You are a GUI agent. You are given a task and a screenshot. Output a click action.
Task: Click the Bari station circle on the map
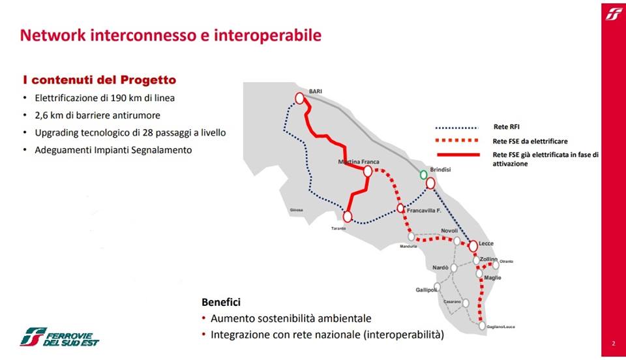click(x=300, y=98)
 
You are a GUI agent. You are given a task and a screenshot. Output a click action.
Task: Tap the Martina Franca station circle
click(x=368, y=172)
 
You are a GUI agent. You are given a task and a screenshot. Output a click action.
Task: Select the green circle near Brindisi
click(x=424, y=175)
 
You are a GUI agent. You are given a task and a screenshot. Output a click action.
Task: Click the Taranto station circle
click(x=348, y=217)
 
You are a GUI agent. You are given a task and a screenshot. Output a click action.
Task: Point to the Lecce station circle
click(x=473, y=246)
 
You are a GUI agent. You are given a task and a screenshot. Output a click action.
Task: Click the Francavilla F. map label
click(x=424, y=211)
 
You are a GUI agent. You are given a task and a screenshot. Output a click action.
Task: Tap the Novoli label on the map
click(x=449, y=231)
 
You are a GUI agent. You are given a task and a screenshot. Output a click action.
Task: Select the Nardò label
click(x=440, y=267)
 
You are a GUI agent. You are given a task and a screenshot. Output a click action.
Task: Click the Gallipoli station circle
click(x=437, y=288)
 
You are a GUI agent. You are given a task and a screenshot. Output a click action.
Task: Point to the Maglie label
click(x=493, y=277)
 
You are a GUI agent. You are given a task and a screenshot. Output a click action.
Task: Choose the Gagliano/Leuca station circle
click(x=483, y=325)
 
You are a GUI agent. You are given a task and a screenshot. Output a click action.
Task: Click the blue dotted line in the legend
click(x=456, y=128)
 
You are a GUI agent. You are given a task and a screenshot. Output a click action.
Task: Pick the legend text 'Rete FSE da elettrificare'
click(x=530, y=141)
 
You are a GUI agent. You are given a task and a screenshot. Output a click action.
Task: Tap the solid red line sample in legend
click(x=458, y=155)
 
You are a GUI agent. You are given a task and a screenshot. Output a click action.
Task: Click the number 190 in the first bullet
click(x=119, y=98)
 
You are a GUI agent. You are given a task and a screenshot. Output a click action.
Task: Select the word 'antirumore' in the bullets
click(x=138, y=115)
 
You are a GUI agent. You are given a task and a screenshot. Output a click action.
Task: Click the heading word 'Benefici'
click(x=221, y=302)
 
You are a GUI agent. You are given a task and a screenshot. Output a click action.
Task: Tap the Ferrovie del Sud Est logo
click(x=59, y=337)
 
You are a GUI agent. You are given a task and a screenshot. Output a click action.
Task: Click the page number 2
click(x=614, y=343)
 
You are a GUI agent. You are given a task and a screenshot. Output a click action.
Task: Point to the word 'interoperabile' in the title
click(x=267, y=35)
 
